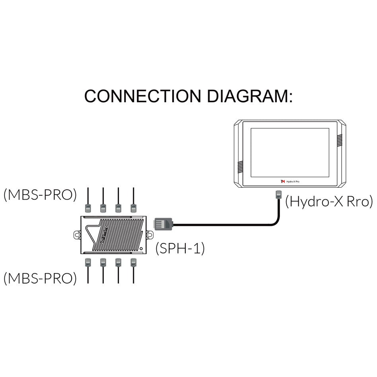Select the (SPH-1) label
coord(180,249)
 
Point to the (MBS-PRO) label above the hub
coord(40,195)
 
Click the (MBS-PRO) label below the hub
coord(40,278)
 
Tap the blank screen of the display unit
coord(290,152)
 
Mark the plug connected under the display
coord(278,195)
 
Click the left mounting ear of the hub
coord(77,235)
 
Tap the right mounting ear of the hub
coord(150,235)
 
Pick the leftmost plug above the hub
coord(88,207)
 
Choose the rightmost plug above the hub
coord(133,207)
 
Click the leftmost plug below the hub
coord(88,262)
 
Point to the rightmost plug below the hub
coord(133,262)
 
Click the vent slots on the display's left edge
coord(240,167)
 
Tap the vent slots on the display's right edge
coord(340,140)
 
